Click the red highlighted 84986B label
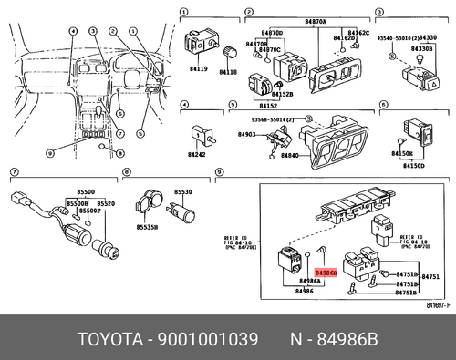(x=326, y=273)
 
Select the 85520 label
(x=107, y=202)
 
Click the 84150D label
(x=415, y=165)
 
